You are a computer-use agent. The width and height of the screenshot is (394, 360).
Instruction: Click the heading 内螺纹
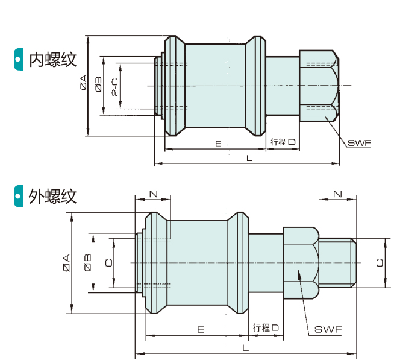coord(53,59)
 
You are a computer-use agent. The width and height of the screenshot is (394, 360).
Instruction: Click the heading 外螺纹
coord(53,196)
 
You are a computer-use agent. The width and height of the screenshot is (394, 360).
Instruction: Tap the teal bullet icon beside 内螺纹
coord(19,59)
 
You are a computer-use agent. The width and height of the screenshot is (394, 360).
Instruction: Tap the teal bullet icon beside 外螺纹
coord(19,196)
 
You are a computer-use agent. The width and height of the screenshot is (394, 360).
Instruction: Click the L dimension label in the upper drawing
coord(249,158)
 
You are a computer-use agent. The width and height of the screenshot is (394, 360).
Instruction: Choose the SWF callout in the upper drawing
coord(358,143)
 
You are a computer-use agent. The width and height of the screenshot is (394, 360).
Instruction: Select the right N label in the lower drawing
coord(337,194)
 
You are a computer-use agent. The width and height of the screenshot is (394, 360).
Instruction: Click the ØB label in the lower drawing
coord(87,262)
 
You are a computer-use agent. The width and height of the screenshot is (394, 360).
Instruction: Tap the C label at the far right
coord(379,262)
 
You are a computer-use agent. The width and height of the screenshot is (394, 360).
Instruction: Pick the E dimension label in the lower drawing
coord(200,329)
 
